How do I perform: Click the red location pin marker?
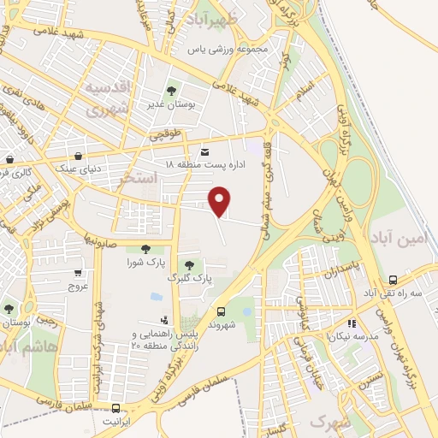click(x=221, y=200)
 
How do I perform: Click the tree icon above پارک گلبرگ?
click(x=188, y=264)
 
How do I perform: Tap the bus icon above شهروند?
click(x=222, y=312)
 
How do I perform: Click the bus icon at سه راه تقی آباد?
click(x=393, y=280)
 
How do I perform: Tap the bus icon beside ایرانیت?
click(x=116, y=408)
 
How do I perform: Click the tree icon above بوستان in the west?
click(x=9, y=310)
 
